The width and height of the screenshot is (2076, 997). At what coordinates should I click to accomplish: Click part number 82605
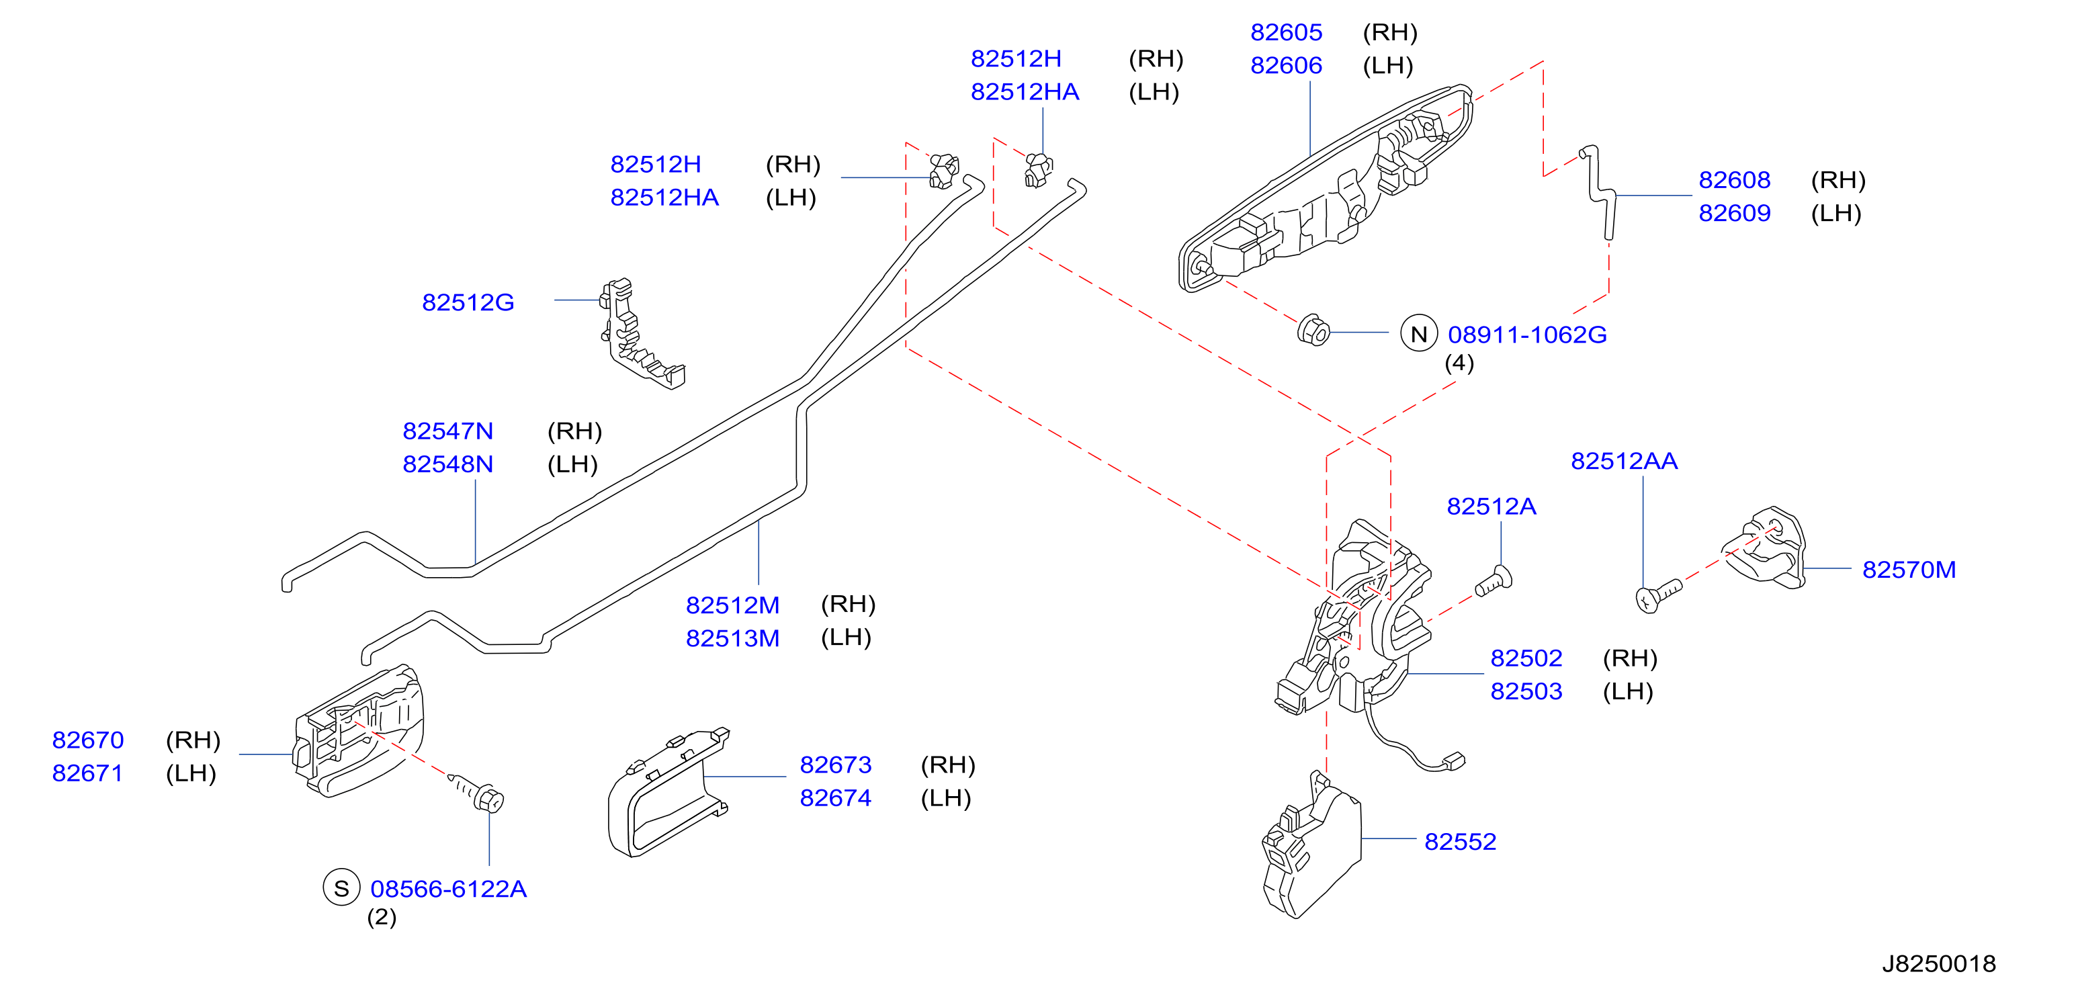click(1285, 32)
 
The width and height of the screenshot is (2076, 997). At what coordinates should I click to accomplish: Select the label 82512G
click(468, 302)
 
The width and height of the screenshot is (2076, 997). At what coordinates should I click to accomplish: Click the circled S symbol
click(341, 887)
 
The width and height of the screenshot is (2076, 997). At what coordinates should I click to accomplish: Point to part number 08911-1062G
click(1527, 335)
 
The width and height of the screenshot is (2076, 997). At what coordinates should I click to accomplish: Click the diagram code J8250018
click(1938, 963)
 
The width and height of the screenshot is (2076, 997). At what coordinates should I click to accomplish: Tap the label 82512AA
click(1624, 461)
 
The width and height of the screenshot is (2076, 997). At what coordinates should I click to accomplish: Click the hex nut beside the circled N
click(1313, 331)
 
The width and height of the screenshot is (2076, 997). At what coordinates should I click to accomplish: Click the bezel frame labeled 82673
click(667, 794)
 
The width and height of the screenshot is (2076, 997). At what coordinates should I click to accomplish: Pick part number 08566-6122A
click(448, 889)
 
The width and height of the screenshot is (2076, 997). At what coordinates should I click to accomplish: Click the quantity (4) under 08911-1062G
click(1459, 363)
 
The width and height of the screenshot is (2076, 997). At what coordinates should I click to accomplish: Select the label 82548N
click(447, 464)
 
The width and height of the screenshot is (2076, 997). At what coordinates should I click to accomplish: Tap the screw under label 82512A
click(1494, 581)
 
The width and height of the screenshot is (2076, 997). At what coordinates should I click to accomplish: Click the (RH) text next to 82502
click(1629, 658)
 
